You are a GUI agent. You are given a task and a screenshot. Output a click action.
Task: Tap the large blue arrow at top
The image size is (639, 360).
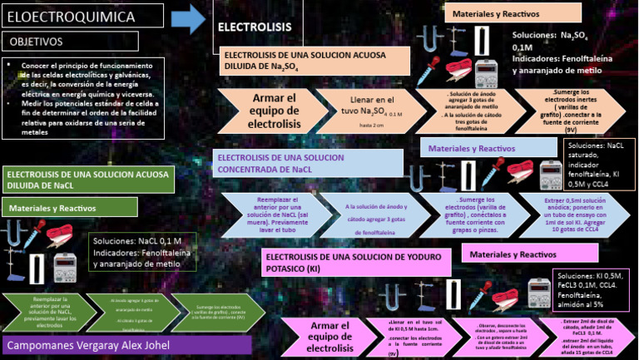194,18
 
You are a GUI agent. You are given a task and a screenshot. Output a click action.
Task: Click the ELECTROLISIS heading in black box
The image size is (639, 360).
243,27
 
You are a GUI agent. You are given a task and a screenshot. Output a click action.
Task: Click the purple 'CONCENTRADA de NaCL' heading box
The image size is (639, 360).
308,163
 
